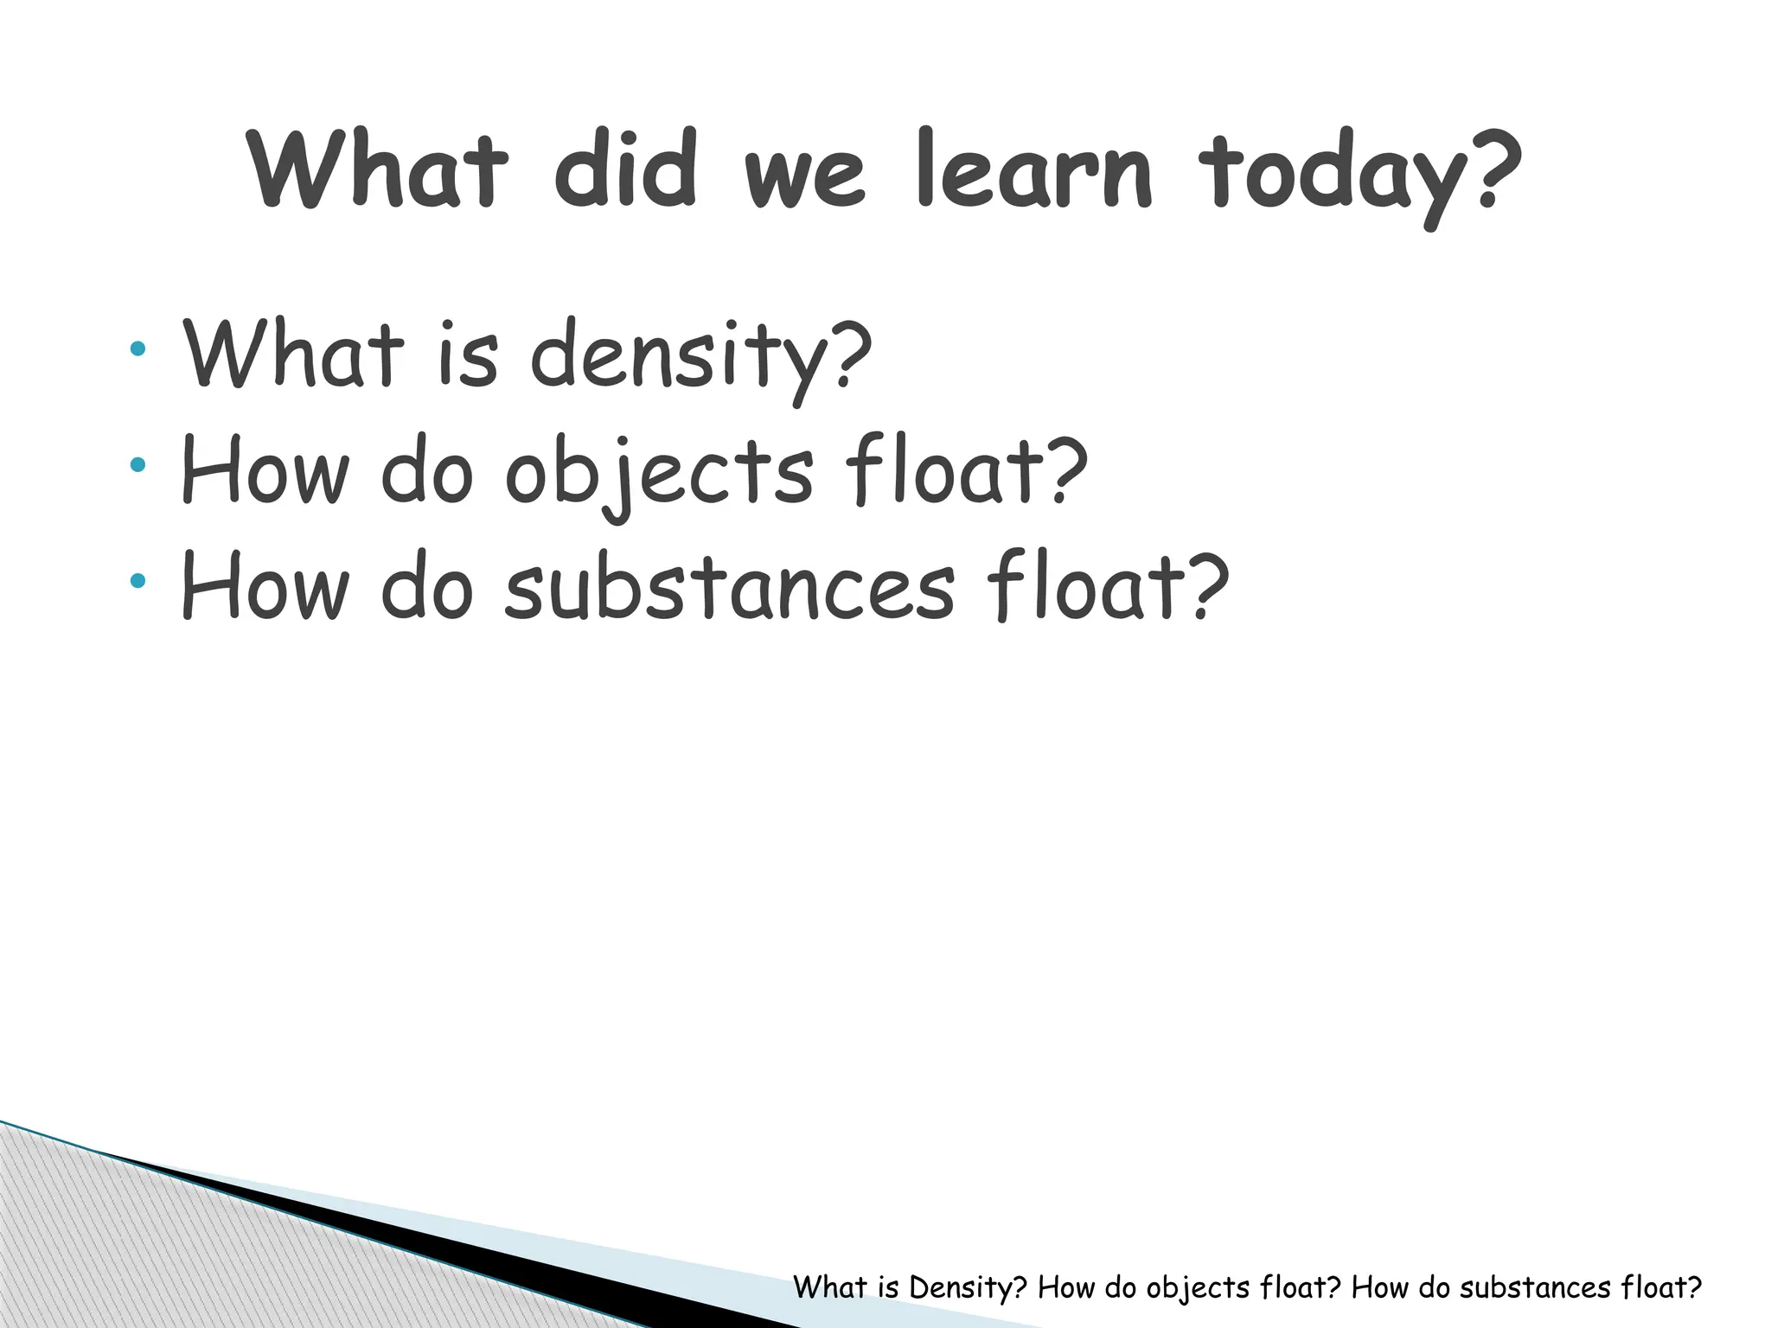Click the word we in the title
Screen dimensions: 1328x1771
click(804, 177)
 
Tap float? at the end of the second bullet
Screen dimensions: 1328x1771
click(966, 471)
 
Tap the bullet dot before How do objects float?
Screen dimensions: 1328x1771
click(137, 465)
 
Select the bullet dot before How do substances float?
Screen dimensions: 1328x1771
click(137, 581)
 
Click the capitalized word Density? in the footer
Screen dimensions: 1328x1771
click(968, 1287)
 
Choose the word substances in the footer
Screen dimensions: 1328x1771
click(1535, 1287)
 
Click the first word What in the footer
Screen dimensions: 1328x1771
click(829, 1287)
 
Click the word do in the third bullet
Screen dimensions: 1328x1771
click(427, 588)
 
